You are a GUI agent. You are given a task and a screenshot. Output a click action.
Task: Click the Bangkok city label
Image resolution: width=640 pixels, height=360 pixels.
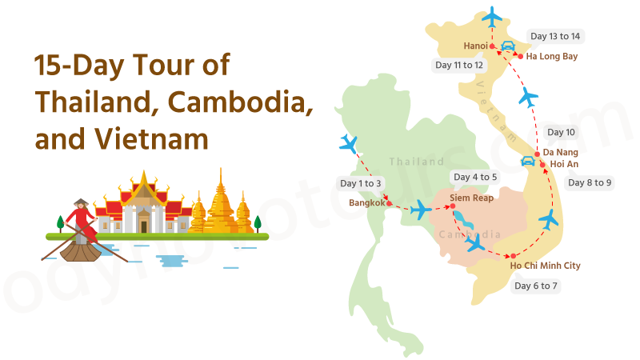pyautogui.click(x=367, y=202)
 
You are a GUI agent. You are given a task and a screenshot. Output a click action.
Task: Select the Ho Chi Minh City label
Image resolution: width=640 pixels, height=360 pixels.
pyautogui.click(x=545, y=266)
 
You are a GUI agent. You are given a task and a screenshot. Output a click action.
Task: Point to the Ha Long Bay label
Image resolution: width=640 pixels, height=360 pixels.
pyautogui.click(x=552, y=57)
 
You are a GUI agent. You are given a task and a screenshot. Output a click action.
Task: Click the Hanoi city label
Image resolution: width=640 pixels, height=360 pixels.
pyautogui.click(x=477, y=46)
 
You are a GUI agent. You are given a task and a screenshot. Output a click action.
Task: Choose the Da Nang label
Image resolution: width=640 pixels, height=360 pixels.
pyautogui.click(x=560, y=152)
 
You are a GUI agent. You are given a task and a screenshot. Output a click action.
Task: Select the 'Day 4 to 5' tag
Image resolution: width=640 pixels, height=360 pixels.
pyautogui.click(x=475, y=177)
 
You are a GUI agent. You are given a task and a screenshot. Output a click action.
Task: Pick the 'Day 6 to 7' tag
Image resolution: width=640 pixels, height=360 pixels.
pyautogui.click(x=536, y=286)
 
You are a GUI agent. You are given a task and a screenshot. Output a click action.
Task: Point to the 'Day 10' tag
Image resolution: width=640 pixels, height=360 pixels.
pyautogui.click(x=560, y=132)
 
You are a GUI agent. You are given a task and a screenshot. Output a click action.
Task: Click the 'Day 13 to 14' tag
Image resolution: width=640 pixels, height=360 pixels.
pyautogui.click(x=555, y=37)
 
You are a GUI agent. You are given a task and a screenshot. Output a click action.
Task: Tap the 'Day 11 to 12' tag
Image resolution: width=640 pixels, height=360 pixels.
pyautogui.click(x=459, y=65)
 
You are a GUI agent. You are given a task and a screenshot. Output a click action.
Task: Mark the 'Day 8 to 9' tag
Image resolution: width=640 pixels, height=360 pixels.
pyautogui.click(x=590, y=182)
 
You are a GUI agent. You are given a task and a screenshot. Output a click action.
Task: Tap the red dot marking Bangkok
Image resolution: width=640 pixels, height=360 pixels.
pyautogui.click(x=390, y=202)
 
